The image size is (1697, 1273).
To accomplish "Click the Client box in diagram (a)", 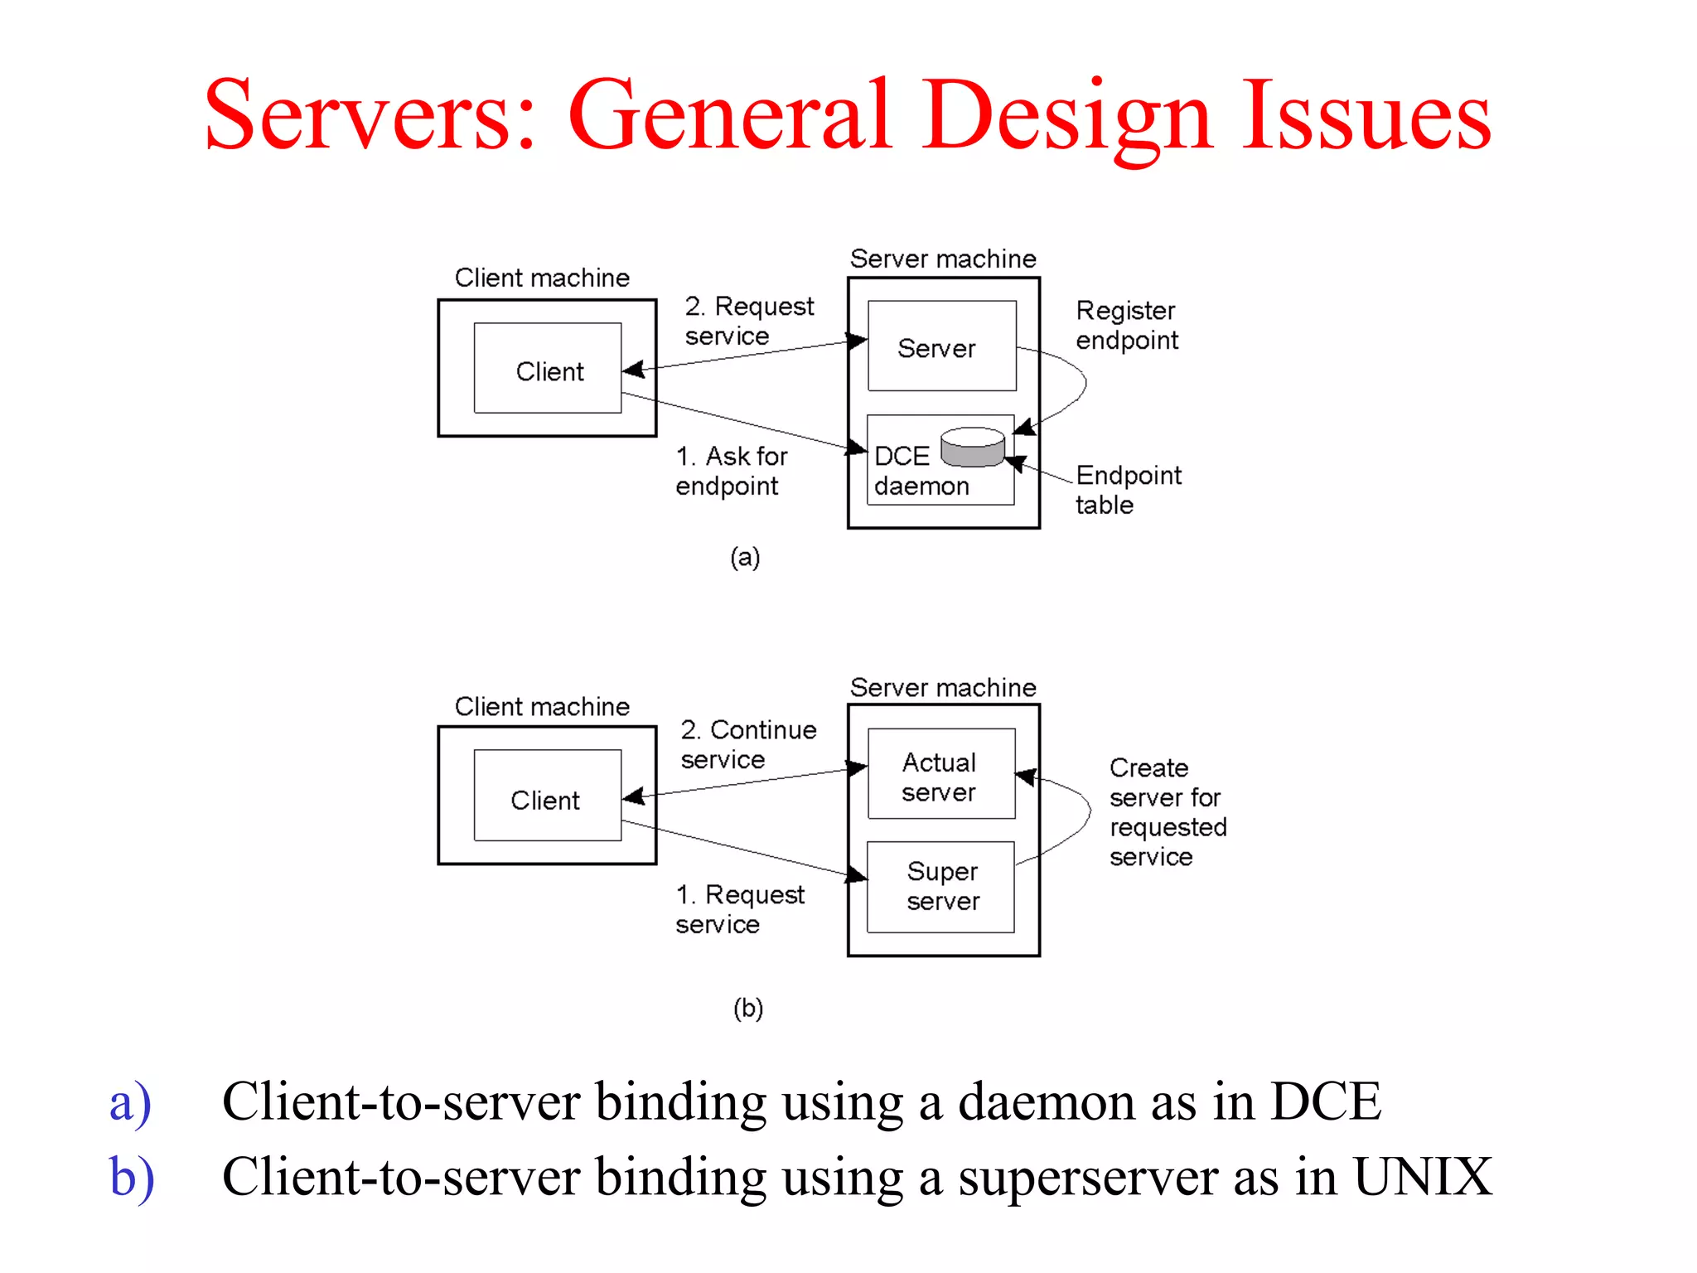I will click(548, 368).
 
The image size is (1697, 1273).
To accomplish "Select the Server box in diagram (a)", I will click(941, 346).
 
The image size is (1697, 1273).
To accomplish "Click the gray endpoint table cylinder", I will click(973, 448).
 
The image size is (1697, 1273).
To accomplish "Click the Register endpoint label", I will click(1126, 325).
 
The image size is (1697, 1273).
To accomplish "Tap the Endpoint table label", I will click(1127, 489).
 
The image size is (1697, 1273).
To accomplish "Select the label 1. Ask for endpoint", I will click(730, 470).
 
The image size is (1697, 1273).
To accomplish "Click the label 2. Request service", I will click(748, 320).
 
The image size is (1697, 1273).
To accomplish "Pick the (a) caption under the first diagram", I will click(744, 557).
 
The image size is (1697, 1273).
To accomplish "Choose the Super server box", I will click(941, 887).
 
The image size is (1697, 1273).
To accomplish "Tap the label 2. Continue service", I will click(747, 743).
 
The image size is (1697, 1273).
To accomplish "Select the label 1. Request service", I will click(739, 908).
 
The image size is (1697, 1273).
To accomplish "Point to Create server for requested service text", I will click(1167, 811).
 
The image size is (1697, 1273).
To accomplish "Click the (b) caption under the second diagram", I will click(747, 1008).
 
